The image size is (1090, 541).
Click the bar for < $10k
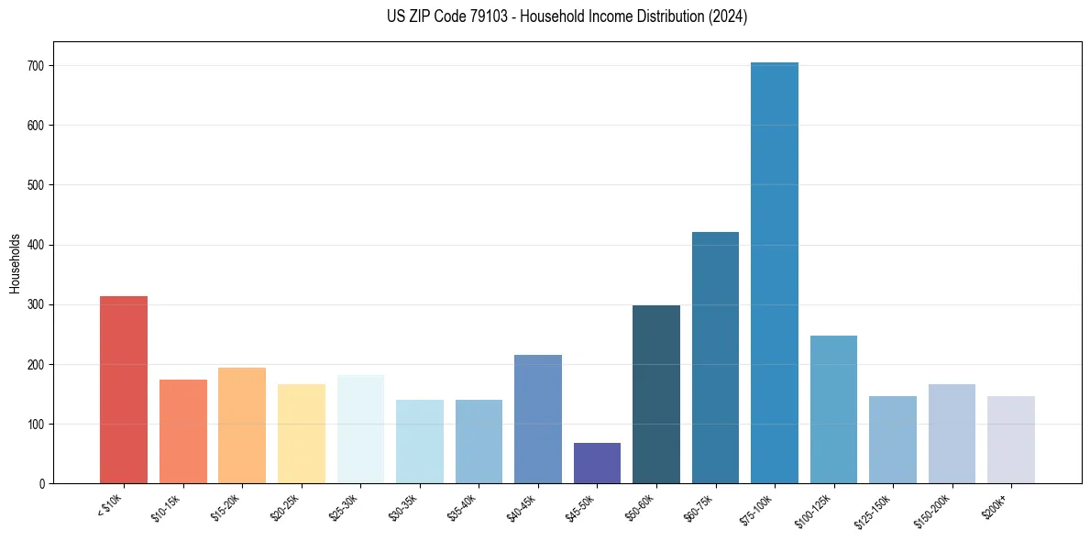[124, 390]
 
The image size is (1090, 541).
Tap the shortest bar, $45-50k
[597, 463]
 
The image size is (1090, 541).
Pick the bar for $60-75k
[715, 358]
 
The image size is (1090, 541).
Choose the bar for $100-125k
[833, 410]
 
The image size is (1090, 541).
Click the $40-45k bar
[538, 419]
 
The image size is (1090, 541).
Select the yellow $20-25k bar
[302, 434]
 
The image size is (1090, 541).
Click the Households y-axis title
[15, 262]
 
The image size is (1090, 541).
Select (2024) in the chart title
[727, 17]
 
